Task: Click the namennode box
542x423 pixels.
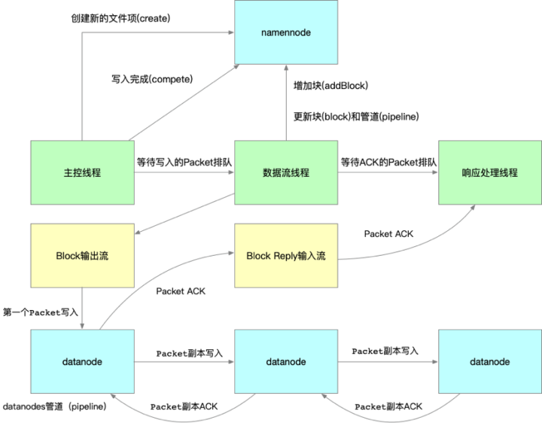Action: (285, 33)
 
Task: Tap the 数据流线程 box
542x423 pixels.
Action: (285, 172)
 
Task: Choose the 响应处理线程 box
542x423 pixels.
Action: (489, 172)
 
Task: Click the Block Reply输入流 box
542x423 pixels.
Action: (285, 255)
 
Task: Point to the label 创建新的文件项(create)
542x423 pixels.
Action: (116, 17)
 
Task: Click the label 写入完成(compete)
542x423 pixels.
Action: (148, 78)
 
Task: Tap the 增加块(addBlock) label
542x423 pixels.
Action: (330, 87)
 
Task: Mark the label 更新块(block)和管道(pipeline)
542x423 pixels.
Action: (355, 117)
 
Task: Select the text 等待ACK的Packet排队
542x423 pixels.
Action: (388, 161)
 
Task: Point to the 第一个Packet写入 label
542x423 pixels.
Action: (41, 312)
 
